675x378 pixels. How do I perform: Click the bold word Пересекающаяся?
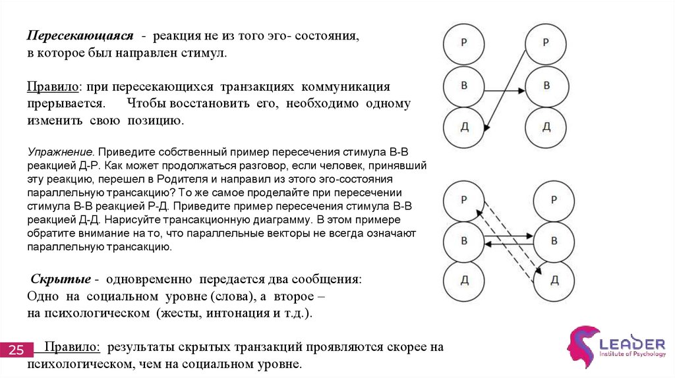pyautogui.click(x=80, y=36)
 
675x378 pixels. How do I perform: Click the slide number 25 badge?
pyautogui.click(x=15, y=349)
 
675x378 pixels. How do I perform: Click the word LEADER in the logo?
pyautogui.click(x=632, y=344)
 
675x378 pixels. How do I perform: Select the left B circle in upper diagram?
pyautogui.click(x=464, y=86)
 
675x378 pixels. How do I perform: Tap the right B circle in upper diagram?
pyautogui.click(x=546, y=86)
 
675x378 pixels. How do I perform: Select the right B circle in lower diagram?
pyautogui.click(x=554, y=240)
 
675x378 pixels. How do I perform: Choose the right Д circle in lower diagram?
pyautogui.click(x=554, y=281)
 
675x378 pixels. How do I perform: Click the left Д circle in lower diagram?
pyautogui.click(x=464, y=281)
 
